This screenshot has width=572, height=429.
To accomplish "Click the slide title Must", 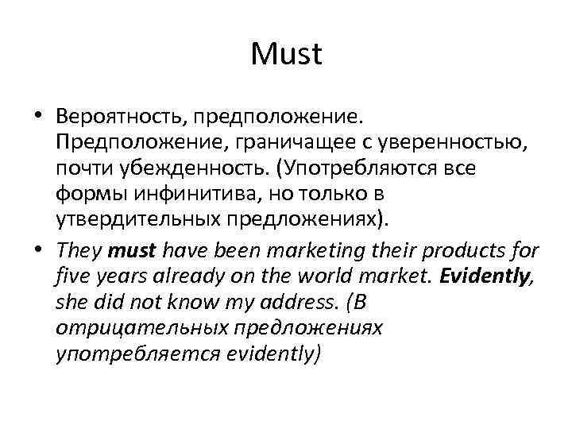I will [x=286, y=55].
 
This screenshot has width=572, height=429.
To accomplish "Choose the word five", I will [x=72, y=278].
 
